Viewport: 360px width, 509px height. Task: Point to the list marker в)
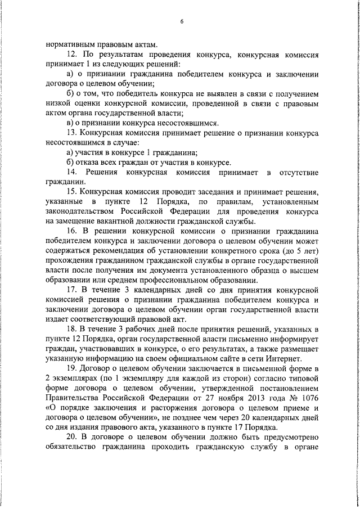click(70, 123)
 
